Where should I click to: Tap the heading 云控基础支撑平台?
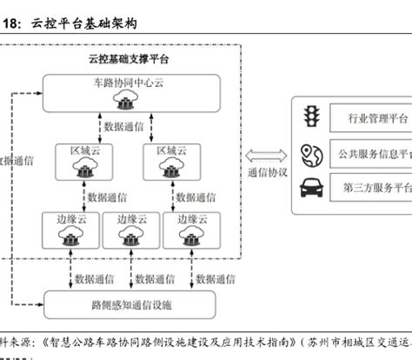pos(130,59)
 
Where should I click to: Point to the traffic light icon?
pos(309,116)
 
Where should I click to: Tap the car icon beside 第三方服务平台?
pos(310,186)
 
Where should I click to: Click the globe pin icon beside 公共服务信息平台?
pos(309,152)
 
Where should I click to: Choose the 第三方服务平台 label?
pos(376,187)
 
